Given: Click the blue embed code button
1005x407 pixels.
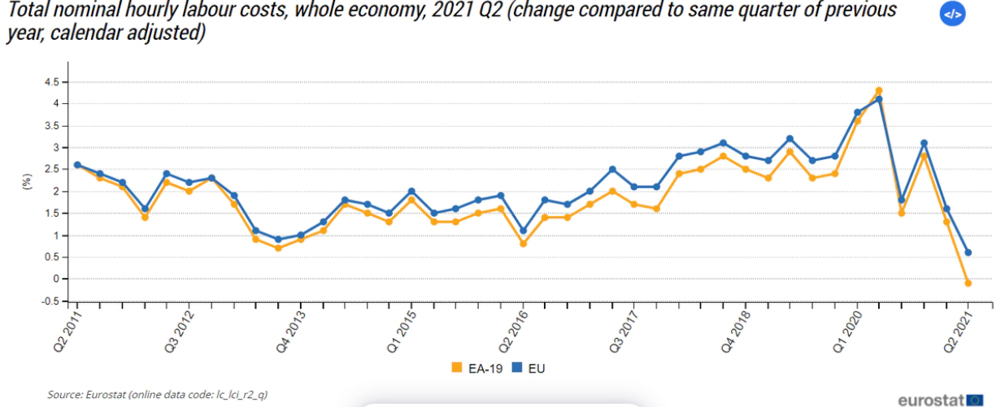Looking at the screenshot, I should click(x=952, y=15).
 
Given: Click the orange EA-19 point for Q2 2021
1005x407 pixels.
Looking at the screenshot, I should click(x=968, y=283).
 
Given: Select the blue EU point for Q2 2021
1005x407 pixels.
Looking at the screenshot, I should click(x=968, y=253).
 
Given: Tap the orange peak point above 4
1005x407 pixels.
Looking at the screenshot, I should click(x=879, y=90).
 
